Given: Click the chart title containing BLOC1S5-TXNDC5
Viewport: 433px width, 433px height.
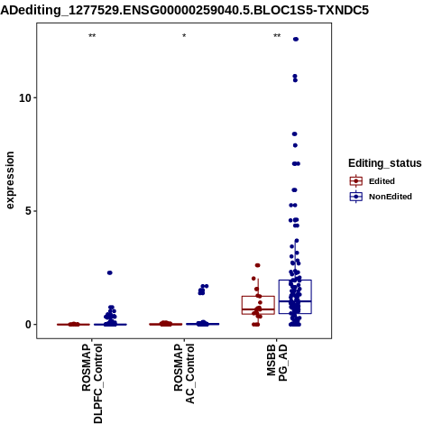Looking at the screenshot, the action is click(184, 11).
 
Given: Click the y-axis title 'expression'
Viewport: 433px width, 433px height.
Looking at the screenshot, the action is click(10, 180).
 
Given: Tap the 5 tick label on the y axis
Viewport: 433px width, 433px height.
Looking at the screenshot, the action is click(29, 211).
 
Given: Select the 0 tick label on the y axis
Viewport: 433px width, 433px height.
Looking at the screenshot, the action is click(29, 325).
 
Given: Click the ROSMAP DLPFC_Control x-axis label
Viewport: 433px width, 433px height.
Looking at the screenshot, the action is click(92, 383).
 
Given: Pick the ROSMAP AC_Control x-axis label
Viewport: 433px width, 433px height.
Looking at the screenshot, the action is click(184, 373).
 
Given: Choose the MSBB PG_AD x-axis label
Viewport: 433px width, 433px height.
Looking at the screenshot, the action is click(277, 363).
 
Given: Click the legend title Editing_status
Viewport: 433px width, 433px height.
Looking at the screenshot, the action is click(385, 163).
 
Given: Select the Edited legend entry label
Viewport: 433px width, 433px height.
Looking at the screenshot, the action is click(382, 181).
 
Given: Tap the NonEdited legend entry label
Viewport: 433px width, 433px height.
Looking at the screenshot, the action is click(391, 197).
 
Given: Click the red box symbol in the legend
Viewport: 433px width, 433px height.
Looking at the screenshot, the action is click(356, 181).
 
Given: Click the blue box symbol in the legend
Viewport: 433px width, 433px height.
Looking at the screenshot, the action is click(356, 197).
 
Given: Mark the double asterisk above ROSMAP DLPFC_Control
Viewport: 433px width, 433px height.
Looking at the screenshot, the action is click(92, 36).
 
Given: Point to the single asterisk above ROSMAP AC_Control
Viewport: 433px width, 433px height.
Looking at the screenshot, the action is click(184, 36).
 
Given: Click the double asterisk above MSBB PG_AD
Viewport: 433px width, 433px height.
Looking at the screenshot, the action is click(277, 36).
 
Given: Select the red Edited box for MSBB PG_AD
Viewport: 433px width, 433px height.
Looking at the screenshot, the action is click(258, 297).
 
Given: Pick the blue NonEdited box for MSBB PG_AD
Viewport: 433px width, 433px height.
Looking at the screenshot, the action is click(295, 281).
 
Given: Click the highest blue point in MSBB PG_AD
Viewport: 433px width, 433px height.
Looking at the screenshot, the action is click(296, 39).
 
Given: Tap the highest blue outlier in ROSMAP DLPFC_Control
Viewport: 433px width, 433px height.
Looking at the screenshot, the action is click(110, 272).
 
